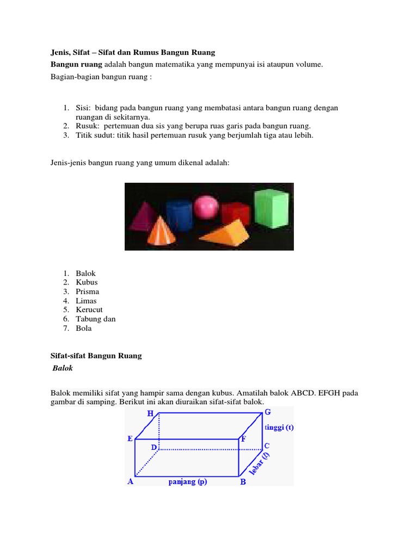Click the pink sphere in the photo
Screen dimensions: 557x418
coord(207,207)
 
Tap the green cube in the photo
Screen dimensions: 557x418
coord(271,209)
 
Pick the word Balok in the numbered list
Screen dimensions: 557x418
coord(86,273)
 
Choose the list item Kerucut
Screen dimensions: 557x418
coord(89,310)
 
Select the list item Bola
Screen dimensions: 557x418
coord(84,328)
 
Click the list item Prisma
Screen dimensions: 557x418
coord(88,292)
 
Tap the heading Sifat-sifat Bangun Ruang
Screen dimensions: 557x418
coord(96,356)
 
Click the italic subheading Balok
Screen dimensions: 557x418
coord(63,368)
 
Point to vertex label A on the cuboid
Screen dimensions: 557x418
coord(130,481)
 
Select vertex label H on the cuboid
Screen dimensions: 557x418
coord(150,414)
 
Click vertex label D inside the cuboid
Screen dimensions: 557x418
coord(154,447)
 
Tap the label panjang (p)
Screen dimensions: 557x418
coord(188,482)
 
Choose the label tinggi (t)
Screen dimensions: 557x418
coord(279,427)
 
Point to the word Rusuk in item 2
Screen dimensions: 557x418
coord(87,126)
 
